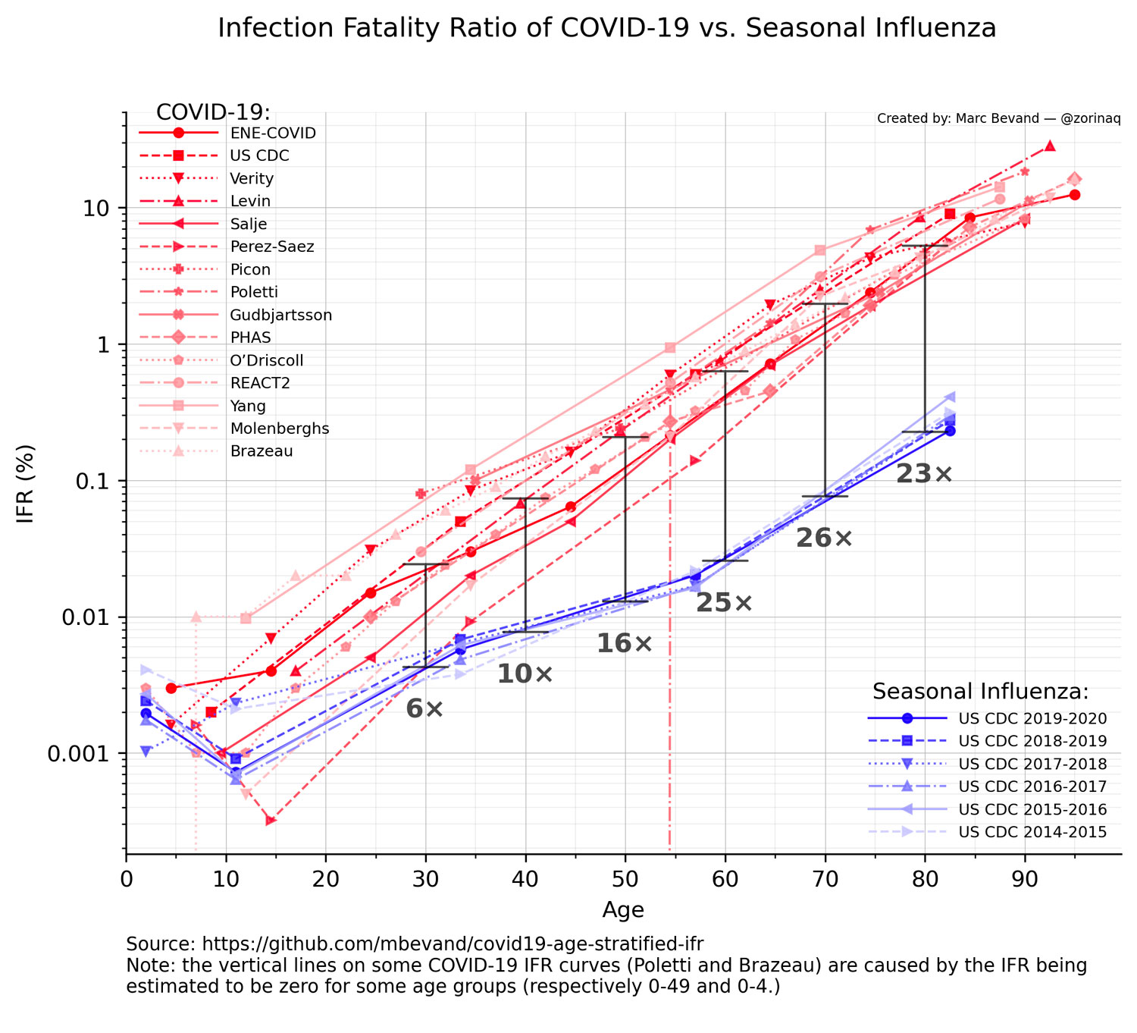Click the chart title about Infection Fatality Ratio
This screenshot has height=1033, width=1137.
(606, 28)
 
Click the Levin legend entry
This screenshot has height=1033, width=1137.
(250, 202)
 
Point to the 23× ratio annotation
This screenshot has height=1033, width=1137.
(924, 475)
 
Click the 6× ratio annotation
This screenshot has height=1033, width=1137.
(424, 709)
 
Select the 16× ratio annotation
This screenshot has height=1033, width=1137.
(624, 644)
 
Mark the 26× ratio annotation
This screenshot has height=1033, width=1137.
(824, 538)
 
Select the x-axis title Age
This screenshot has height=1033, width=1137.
(623, 909)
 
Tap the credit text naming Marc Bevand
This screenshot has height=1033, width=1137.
(998, 119)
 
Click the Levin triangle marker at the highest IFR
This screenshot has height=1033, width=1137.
(1050, 146)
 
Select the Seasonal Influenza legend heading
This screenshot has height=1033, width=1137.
(980, 692)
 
